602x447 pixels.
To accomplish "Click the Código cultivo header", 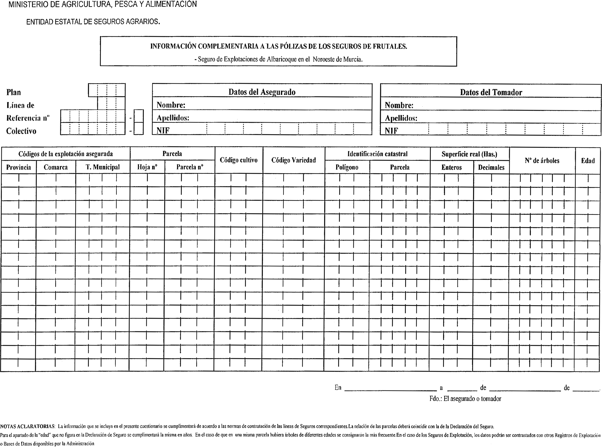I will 238,160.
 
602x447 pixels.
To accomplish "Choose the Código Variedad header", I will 294,160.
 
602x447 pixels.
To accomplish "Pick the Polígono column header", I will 347,167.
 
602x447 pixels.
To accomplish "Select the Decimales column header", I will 491,167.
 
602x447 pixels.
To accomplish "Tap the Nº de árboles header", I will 542,161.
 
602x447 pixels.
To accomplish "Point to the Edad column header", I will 588,161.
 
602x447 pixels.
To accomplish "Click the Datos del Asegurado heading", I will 262,92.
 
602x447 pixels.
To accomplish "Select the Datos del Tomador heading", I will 491,92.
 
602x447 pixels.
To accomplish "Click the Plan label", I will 13,92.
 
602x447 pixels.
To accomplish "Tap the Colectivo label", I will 21,131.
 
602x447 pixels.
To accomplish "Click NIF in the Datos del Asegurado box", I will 163,131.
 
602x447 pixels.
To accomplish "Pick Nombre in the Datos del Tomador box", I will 399,105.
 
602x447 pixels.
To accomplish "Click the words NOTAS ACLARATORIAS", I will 28,427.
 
